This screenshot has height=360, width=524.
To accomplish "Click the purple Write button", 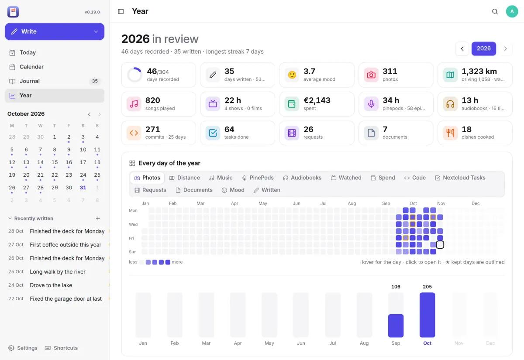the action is pyautogui.click(x=55, y=31).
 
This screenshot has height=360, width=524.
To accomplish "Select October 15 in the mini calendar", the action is pyautogui.click(x=55, y=162).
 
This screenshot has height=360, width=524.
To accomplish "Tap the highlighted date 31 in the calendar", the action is pyautogui.click(x=83, y=188).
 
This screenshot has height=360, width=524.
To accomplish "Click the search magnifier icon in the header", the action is pyautogui.click(x=495, y=11).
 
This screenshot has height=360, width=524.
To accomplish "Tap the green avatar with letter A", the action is pyautogui.click(x=512, y=11).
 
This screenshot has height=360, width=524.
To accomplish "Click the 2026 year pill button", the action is pyautogui.click(x=483, y=48).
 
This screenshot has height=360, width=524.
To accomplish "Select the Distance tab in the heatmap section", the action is pyautogui.click(x=185, y=178).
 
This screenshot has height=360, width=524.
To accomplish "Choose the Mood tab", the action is pyautogui.click(x=233, y=190).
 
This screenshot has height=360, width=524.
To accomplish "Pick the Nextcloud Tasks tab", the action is pyautogui.click(x=460, y=178).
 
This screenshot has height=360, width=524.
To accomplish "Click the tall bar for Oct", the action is pyautogui.click(x=427, y=315).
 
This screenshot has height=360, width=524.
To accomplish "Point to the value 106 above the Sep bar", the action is pyautogui.click(x=396, y=287).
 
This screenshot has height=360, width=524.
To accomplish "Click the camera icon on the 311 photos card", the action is pyautogui.click(x=371, y=75).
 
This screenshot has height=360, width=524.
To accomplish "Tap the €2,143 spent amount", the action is pyautogui.click(x=317, y=100).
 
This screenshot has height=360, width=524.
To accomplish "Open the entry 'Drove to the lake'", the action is pyautogui.click(x=51, y=285).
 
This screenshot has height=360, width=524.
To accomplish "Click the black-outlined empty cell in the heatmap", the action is pyautogui.click(x=440, y=244).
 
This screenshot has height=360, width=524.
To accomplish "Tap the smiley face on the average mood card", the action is pyautogui.click(x=292, y=75).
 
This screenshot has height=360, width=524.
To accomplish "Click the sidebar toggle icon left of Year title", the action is pyautogui.click(x=121, y=11).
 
